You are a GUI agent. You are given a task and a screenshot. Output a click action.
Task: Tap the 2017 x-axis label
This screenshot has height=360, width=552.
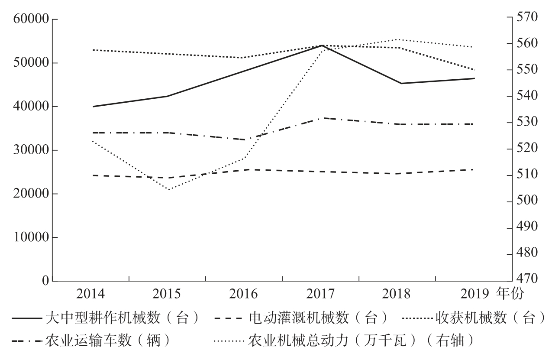320,295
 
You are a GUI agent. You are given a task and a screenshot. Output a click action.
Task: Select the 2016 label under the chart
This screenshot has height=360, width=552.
244,295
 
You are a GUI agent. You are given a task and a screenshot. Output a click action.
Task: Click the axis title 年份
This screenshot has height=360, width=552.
512,295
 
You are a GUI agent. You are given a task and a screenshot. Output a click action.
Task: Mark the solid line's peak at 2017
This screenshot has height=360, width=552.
322,45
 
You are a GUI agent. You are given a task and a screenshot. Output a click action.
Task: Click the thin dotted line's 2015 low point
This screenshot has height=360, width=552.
168,189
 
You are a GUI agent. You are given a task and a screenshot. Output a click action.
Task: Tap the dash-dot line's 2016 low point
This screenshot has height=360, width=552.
245,140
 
